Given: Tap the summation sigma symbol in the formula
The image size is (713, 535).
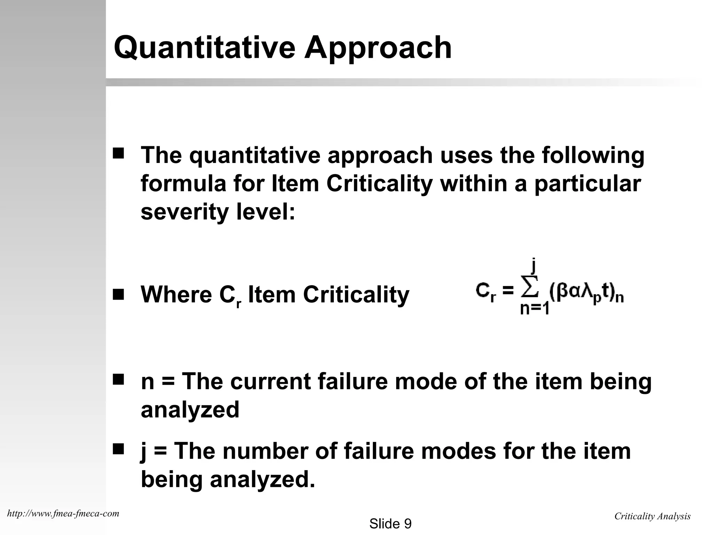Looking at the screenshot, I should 530,287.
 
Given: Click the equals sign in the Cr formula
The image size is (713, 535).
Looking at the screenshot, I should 508,290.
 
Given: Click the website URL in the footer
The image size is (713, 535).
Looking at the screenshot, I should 63,513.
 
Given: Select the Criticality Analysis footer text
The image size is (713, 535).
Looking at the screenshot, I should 652,516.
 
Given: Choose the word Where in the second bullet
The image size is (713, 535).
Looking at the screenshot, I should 176,295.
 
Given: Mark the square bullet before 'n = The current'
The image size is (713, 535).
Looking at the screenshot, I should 118,379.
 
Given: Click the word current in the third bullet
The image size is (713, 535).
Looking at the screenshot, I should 270,381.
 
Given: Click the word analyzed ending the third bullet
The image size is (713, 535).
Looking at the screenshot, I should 190,410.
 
